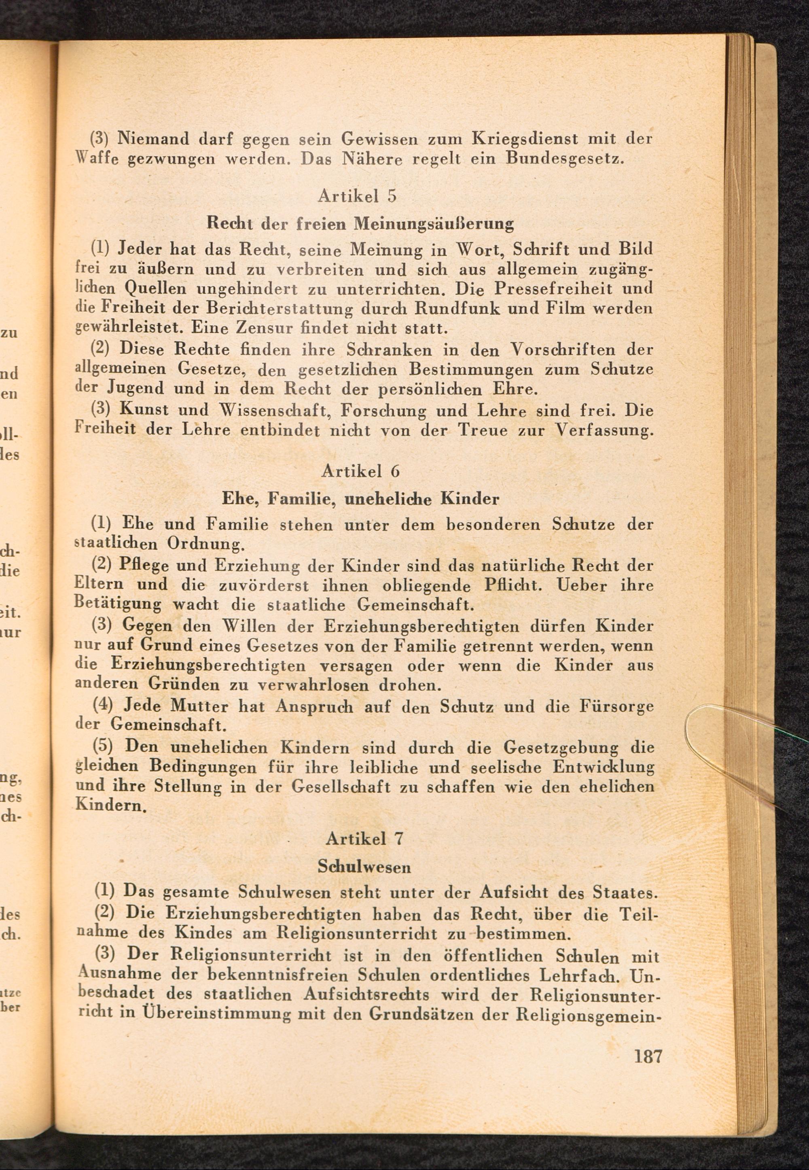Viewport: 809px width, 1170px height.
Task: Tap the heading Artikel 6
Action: (x=360, y=471)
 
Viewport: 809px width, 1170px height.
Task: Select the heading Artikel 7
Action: (x=364, y=839)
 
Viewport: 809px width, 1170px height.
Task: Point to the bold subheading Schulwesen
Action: (x=364, y=867)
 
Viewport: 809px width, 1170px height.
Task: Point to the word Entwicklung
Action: (x=603, y=767)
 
